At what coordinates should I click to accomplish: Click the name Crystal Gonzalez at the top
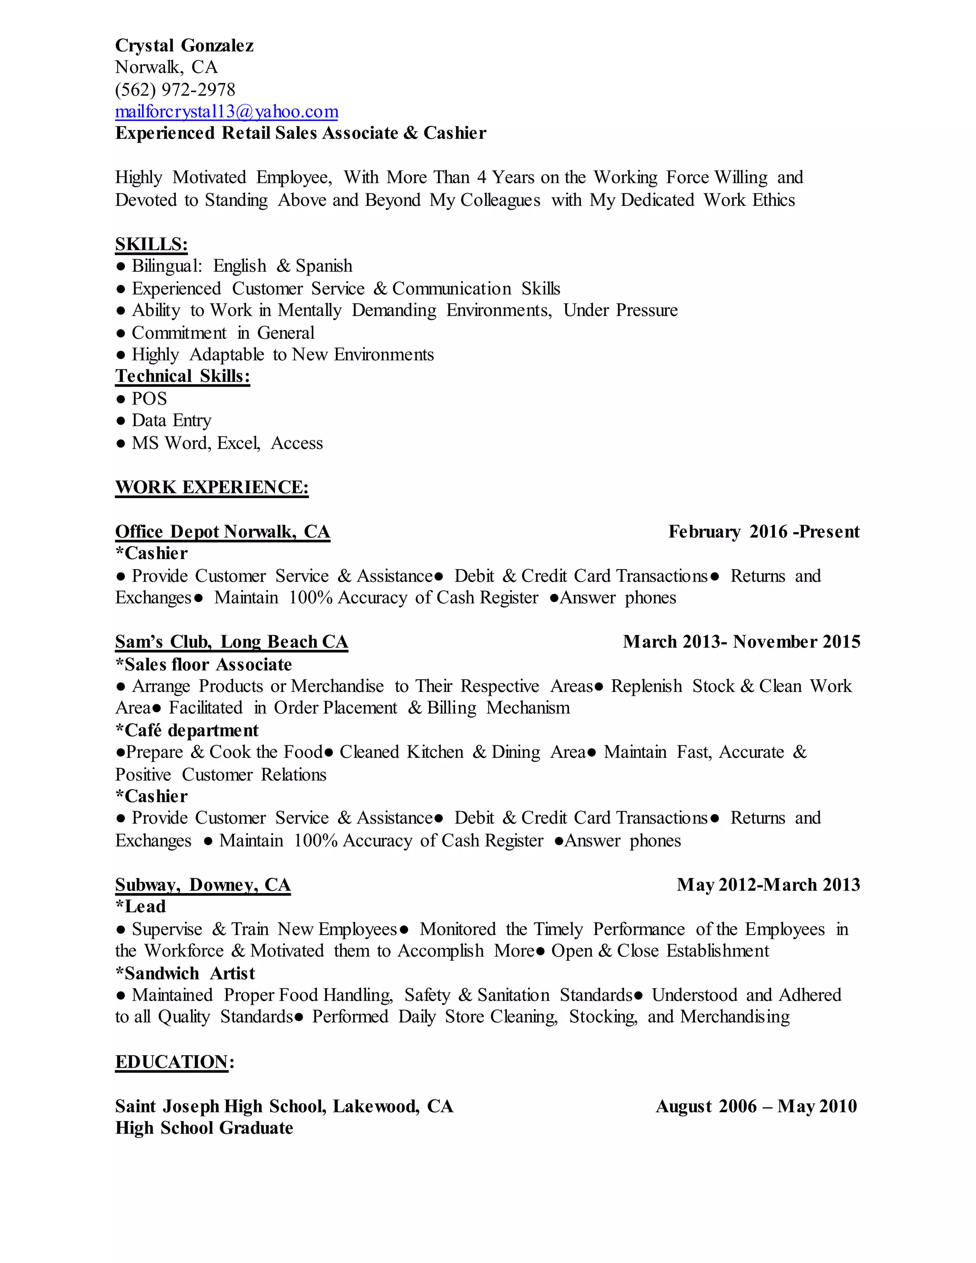(184, 45)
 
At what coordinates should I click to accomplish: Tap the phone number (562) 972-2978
(175, 90)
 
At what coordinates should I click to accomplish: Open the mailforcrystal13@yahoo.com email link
(227, 111)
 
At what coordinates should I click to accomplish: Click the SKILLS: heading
(152, 244)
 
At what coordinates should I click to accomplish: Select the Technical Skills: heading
(183, 377)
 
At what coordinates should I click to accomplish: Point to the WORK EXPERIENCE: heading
(212, 487)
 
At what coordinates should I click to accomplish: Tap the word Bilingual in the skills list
(166, 266)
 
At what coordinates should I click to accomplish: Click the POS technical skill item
(149, 398)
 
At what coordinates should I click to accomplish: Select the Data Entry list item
(171, 420)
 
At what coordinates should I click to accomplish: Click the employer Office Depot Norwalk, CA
(223, 531)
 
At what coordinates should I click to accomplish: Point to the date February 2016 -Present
(764, 531)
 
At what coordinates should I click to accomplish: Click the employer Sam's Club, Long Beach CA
(231, 642)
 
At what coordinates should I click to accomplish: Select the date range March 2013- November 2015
(741, 642)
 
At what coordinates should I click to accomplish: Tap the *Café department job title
(187, 730)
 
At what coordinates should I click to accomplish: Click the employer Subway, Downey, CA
(203, 885)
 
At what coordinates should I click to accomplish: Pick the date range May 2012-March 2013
(768, 885)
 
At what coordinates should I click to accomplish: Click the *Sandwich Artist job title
(185, 973)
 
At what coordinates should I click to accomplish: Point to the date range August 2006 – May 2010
(756, 1106)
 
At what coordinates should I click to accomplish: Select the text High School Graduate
(204, 1128)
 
